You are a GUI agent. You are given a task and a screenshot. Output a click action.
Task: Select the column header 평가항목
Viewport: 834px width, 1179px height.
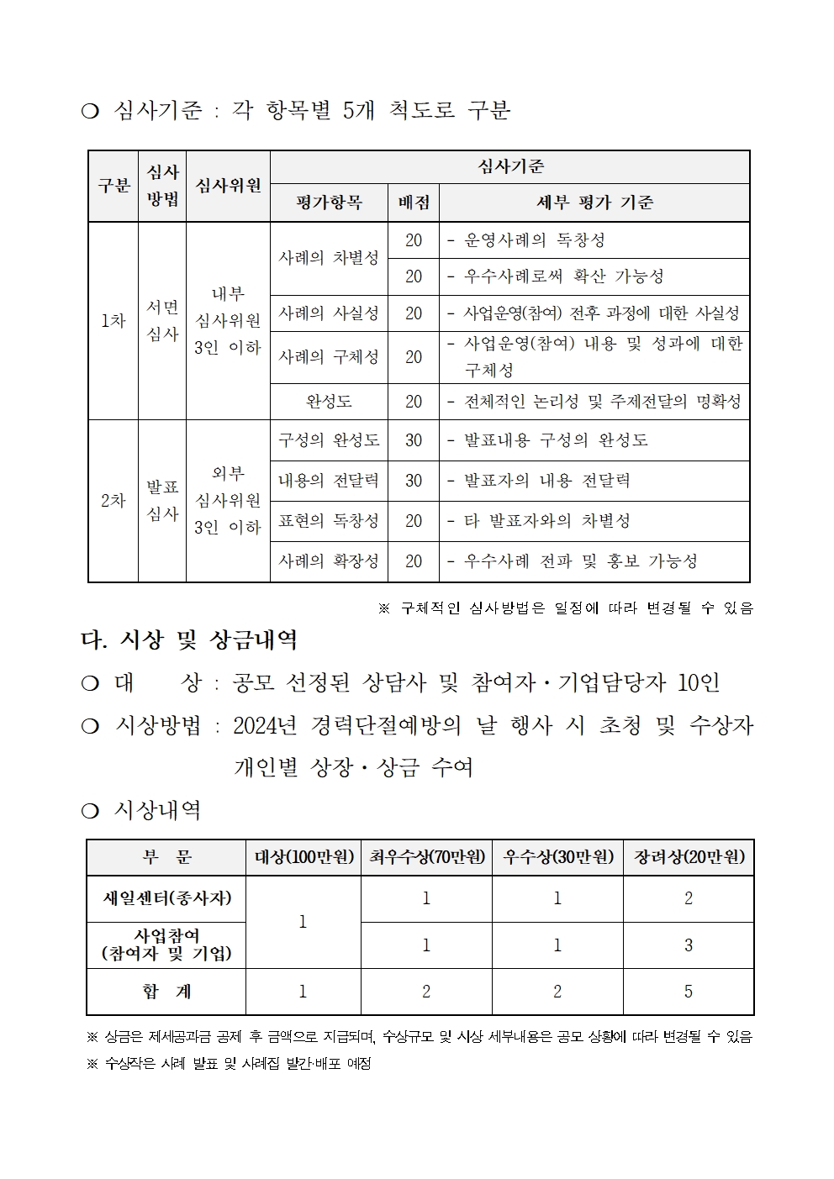(x=329, y=203)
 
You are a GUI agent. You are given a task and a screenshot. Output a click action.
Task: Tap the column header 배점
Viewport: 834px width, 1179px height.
(x=413, y=203)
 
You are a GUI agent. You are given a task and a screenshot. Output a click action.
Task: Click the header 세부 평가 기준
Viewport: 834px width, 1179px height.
(x=594, y=203)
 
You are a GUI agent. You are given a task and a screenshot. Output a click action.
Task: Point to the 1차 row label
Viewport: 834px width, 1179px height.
(x=113, y=320)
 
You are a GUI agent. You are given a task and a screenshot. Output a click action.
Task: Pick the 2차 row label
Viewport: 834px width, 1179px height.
(x=113, y=501)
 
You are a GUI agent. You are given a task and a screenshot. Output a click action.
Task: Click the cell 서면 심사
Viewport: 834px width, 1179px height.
(x=162, y=320)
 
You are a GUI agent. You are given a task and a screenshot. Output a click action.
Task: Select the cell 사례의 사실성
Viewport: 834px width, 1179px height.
(x=329, y=313)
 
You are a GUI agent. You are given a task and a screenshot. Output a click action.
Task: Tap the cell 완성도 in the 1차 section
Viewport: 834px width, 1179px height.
(x=329, y=402)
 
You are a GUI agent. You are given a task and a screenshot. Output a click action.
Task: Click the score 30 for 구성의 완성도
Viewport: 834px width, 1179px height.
(x=413, y=440)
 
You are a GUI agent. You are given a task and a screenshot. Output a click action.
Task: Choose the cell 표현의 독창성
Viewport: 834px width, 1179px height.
(x=329, y=521)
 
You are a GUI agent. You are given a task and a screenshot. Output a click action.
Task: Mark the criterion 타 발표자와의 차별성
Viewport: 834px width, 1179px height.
(x=546, y=521)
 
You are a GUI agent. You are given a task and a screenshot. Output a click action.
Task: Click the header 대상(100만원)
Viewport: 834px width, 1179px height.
(x=304, y=857)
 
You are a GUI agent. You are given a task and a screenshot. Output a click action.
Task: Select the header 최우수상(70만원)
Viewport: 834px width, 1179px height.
(x=426, y=857)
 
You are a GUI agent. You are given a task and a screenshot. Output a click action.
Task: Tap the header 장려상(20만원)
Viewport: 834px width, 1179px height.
(x=689, y=857)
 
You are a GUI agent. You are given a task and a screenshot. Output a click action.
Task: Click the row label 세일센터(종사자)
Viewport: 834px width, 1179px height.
(x=166, y=898)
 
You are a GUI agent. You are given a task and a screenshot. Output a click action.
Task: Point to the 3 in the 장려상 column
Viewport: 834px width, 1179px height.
(x=689, y=945)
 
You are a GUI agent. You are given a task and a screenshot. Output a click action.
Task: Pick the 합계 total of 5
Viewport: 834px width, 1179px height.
(x=689, y=992)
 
